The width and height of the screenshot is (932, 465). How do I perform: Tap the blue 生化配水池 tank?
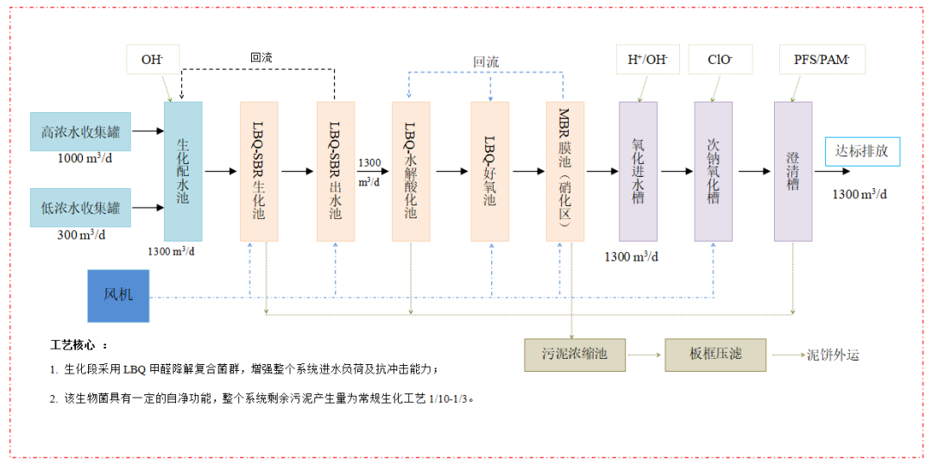point(183,171)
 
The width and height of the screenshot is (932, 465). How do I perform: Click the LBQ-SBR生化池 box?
point(259,171)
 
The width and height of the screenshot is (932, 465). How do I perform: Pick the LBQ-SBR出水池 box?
point(335,171)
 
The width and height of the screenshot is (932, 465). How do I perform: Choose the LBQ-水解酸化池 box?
point(411,171)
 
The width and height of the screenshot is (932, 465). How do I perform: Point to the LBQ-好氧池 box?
point(489,171)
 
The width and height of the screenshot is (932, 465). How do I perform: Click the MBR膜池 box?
point(564,171)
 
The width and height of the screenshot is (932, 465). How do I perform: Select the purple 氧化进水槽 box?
point(638,171)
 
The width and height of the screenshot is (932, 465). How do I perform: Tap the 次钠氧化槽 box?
point(713,171)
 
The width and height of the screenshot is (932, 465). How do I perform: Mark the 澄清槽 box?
point(793,171)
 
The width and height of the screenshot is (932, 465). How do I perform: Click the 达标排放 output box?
point(862,152)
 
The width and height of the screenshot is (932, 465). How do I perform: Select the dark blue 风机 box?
point(117,296)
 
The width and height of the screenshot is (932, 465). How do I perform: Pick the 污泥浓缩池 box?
point(575,355)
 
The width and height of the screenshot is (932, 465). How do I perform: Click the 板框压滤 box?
point(715,355)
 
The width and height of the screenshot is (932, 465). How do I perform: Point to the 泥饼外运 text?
point(833,355)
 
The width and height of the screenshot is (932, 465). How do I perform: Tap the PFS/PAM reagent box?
point(822,60)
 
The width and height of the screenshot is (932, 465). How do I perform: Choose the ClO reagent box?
point(720,60)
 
